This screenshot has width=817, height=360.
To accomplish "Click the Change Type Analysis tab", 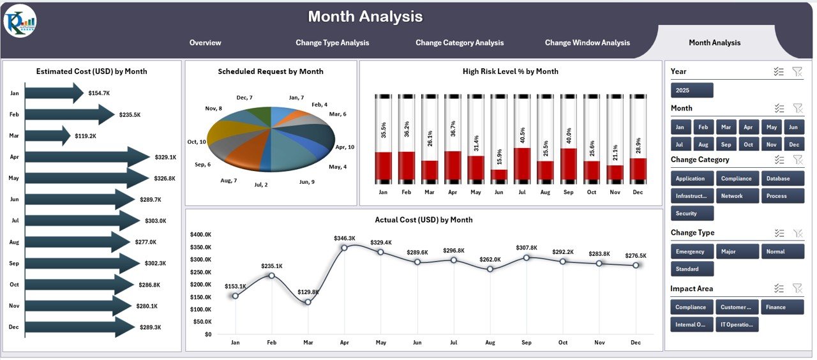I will pyautogui.click(x=332, y=43).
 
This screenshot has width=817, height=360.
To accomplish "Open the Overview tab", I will pyautogui.click(x=205, y=43).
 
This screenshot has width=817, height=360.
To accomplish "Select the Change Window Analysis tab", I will pyautogui.click(x=587, y=43).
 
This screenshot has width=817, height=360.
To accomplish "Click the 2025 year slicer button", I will pyautogui.click(x=692, y=90).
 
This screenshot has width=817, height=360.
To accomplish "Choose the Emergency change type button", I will pyautogui.click(x=692, y=251).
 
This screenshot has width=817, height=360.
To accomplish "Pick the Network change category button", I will pyautogui.click(x=737, y=196).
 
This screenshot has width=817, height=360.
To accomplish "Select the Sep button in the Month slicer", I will pyautogui.click(x=726, y=144).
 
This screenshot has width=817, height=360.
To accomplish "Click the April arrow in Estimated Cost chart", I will pyautogui.click(x=86, y=157).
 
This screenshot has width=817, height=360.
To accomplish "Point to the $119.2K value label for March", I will pyautogui.click(x=84, y=136).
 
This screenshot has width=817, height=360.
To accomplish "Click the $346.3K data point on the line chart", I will pyautogui.click(x=344, y=247).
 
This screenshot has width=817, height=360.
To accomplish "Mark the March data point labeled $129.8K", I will pyautogui.click(x=308, y=301).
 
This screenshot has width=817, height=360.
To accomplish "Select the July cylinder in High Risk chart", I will pyautogui.click(x=521, y=139).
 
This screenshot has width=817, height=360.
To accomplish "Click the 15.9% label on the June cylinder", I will pyautogui.click(x=498, y=156).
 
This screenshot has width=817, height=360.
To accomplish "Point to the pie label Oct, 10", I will pyautogui.click(x=197, y=142).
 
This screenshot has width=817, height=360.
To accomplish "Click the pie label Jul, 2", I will pyautogui.click(x=261, y=184).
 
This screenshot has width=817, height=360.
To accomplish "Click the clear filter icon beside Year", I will pyautogui.click(x=797, y=71).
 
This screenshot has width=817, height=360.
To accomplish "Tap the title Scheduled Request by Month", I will pyautogui.click(x=271, y=71).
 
